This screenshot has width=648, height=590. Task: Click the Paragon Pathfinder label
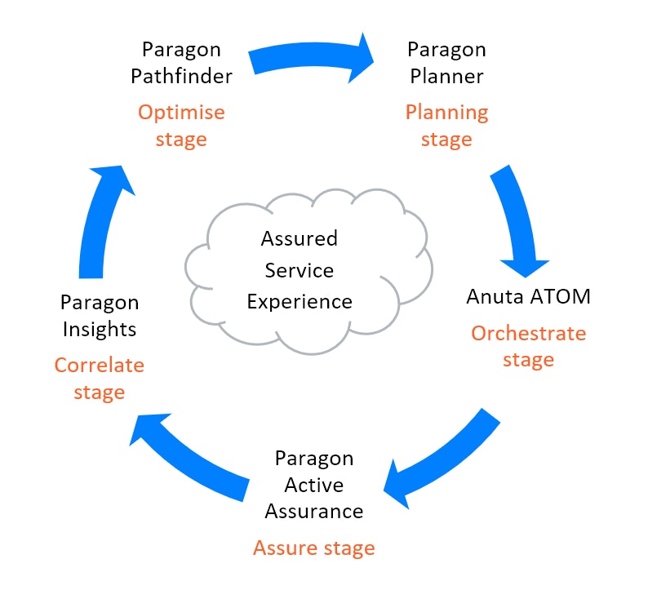tap(187, 63)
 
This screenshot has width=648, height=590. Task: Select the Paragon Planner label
tap(446, 63)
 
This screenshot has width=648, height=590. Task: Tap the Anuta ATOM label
tap(528, 295)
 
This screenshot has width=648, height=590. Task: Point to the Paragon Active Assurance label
tap(313, 485)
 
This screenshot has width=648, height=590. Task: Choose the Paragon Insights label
tap(100, 316)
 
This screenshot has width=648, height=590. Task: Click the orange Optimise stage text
tap(181, 126)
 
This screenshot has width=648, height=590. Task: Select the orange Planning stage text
tap(446, 126)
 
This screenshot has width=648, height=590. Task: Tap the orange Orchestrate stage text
tap(528, 346)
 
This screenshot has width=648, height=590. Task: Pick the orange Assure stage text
tap(313, 548)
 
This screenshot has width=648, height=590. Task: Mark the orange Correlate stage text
tap(100, 379)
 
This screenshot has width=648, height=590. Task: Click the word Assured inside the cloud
tap(299, 239)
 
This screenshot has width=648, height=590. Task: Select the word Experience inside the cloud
tap(300, 301)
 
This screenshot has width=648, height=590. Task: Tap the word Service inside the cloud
tap(300, 270)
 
